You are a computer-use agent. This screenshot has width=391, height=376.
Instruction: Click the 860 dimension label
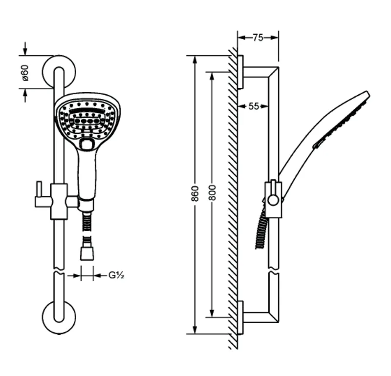coord(195,193)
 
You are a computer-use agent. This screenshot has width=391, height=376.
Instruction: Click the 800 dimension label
coord(212,192)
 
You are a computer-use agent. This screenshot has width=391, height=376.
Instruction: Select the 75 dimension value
coord(258,38)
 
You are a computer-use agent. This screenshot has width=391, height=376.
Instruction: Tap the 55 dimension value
coord(254,106)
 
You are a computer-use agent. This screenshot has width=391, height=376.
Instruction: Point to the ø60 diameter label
coord(25,73)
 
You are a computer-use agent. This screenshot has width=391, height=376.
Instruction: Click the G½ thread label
coord(116,275)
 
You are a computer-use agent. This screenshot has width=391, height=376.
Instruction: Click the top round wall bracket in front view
coord(59,60)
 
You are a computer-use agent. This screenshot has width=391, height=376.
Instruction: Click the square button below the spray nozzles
coord(87,145)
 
